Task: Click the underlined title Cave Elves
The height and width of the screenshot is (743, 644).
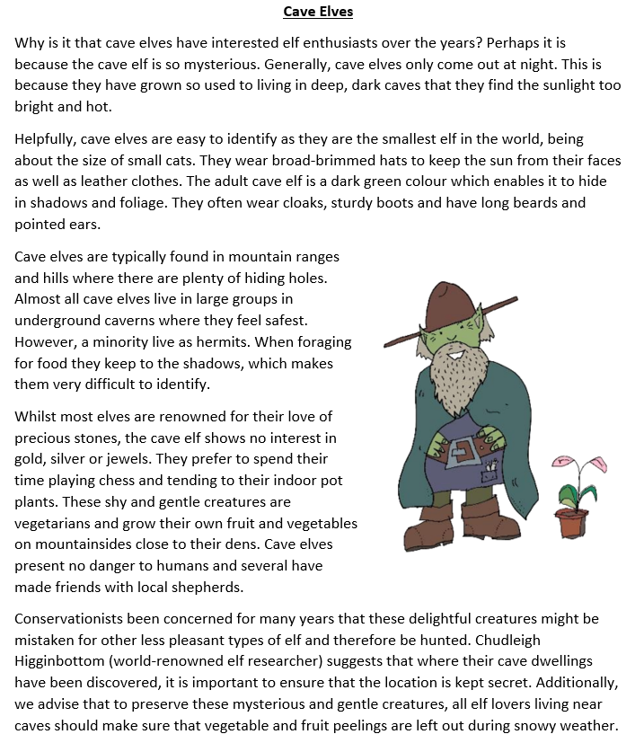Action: (x=318, y=12)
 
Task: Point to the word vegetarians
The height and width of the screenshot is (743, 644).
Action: (x=55, y=524)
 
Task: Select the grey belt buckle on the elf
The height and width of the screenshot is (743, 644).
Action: (x=466, y=449)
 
